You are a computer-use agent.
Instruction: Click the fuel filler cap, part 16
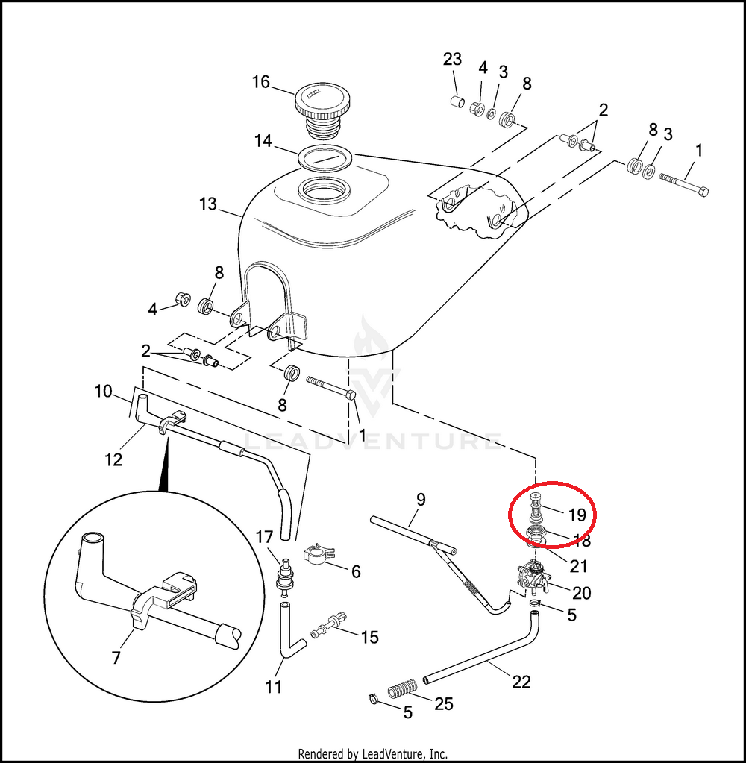tap(320, 109)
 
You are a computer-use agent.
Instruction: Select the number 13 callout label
tap(208, 204)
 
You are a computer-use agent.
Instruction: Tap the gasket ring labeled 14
tap(325, 158)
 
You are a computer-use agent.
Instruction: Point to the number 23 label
tap(452, 60)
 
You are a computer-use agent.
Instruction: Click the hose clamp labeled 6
tap(318, 554)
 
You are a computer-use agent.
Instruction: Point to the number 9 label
tap(421, 499)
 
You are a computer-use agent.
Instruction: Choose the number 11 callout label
tap(274, 685)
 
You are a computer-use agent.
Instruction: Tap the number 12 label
tap(113, 459)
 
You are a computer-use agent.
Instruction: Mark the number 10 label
tap(103, 391)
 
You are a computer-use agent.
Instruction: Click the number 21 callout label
tap(578, 567)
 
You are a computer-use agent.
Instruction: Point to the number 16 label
tap(260, 81)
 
